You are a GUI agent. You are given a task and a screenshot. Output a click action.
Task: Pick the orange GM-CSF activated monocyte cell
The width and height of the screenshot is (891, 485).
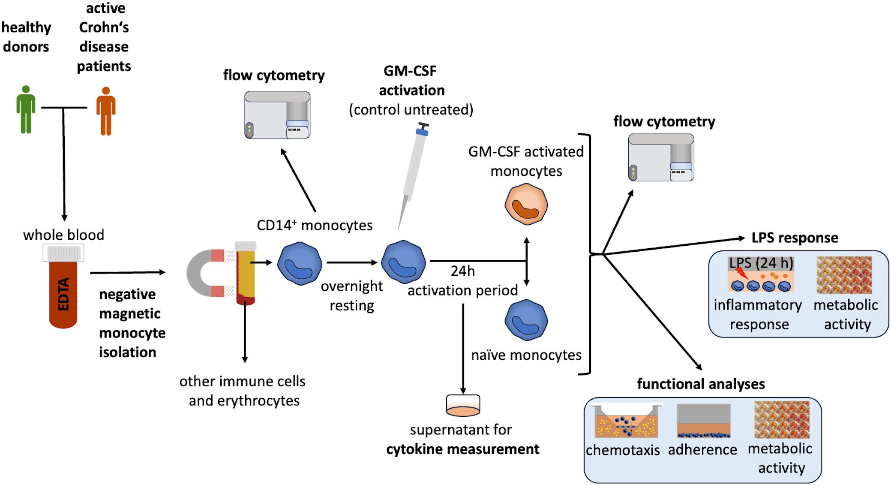(x=526, y=204)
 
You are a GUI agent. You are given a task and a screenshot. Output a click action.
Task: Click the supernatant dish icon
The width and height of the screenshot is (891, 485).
(x=463, y=405)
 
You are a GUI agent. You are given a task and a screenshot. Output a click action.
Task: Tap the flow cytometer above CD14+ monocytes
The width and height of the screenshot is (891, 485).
(x=277, y=114)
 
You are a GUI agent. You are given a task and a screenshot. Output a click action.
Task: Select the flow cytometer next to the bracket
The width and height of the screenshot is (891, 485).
(x=661, y=157)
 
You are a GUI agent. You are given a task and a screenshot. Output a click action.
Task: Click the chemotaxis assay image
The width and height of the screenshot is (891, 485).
(x=626, y=421)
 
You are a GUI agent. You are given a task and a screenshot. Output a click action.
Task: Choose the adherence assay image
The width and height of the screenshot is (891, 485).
(x=703, y=421)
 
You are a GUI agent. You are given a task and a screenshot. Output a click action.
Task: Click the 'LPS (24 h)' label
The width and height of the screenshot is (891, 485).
(x=761, y=263)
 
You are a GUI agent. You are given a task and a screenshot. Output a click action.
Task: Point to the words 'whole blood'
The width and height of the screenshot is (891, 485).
(x=63, y=235)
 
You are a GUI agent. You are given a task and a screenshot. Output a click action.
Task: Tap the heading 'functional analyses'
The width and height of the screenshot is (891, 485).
(x=701, y=384)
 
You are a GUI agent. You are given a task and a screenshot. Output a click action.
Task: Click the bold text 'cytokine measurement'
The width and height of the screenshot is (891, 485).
(x=463, y=449)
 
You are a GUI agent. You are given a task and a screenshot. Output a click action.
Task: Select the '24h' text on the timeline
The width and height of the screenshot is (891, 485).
(x=462, y=271)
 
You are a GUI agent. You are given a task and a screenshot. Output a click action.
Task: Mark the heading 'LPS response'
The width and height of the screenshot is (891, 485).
(x=795, y=238)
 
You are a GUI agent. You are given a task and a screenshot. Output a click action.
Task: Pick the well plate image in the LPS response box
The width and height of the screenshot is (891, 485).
(x=844, y=275)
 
